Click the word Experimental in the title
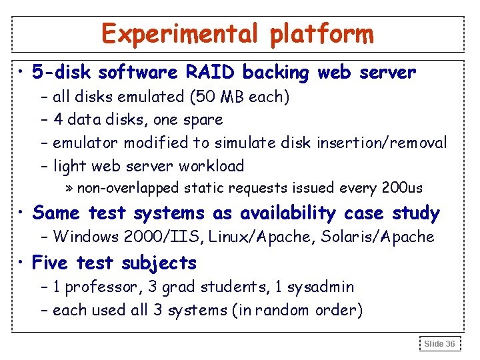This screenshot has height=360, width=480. click(x=182, y=33)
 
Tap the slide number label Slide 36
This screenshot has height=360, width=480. click(x=440, y=344)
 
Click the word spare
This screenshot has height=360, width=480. click(x=202, y=121)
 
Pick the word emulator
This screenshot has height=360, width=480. click(x=83, y=143)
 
